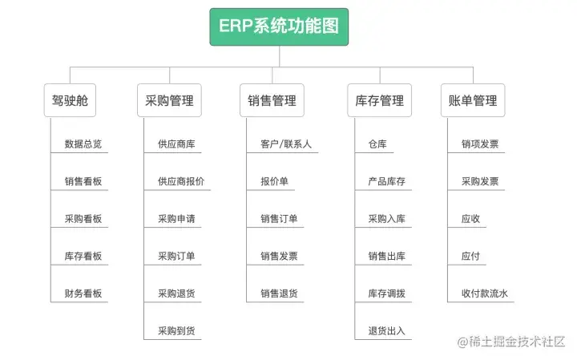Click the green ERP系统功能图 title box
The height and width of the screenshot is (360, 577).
[279, 26]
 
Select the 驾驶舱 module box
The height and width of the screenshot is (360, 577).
[69, 101]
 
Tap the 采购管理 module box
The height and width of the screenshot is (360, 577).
[169, 101]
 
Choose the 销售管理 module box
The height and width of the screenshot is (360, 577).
[272, 101]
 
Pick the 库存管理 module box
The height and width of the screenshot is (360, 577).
[379, 101]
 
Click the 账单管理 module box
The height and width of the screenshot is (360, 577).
[473, 101]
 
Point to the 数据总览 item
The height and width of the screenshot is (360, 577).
[83, 145]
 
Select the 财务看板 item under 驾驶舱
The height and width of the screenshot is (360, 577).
[83, 293]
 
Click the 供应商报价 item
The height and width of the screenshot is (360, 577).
[181, 182]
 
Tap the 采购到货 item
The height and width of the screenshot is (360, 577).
[176, 330]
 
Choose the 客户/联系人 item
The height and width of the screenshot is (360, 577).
[286, 145]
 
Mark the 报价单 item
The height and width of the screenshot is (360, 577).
[274, 182]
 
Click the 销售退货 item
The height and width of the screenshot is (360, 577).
[279, 293]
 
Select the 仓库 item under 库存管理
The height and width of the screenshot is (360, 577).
[377, 145]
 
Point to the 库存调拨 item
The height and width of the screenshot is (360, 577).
[386, 293]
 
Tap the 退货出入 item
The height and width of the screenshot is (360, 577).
[386, 330]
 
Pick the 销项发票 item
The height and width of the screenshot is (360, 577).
[480, 145]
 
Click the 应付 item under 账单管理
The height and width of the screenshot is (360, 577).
[470, 257]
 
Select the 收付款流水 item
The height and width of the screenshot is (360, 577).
[485, 293]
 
